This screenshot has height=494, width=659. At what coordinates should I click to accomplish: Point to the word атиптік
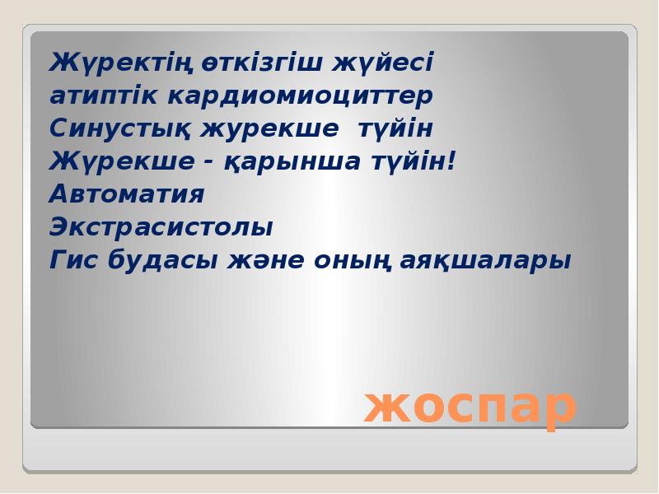tap(105, 96)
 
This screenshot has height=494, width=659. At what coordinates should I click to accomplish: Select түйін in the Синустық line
tap(395, 129)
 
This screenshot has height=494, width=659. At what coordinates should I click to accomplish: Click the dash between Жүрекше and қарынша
tap(210, 163)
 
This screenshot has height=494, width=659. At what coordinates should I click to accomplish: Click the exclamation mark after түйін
tap(450, 161)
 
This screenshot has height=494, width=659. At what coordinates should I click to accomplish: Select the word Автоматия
tap(127, 195)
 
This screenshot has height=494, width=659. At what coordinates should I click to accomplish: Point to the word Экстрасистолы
tap(161, 228)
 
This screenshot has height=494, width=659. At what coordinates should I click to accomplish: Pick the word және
tap(262, 261)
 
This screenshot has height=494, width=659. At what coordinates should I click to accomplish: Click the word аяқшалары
tap(486, 261)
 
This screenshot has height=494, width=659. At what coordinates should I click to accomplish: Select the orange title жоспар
tap(470, 405)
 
